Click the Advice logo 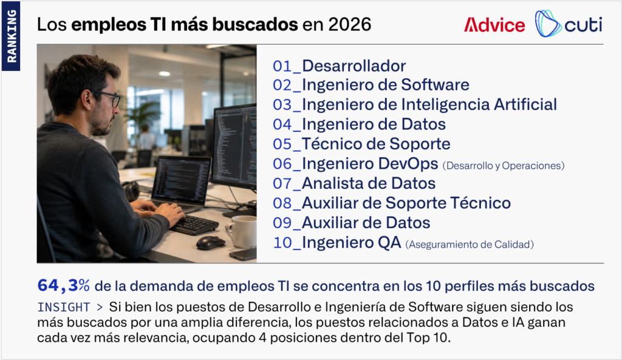[x=494, y=25]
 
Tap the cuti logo [x=568, y=24]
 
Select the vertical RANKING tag [x=11, y=36]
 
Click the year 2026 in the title [x=349, y=24]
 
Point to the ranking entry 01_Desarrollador [x=339, y=66]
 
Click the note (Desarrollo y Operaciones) [x=504, y=165]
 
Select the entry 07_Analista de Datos [x=354, y=183]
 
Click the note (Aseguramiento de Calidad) [x=470, y=244]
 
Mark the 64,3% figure [x=63, y=285]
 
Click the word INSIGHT [x=64, y=307]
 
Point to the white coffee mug [x=242, y=231]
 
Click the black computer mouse [x=211, y=243]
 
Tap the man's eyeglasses [x=107, y=98]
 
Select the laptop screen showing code [x=182, y=180]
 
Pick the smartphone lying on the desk [x=243, y=254]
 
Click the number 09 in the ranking [x=282, y=223]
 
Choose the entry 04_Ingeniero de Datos [x=359, y=124]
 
